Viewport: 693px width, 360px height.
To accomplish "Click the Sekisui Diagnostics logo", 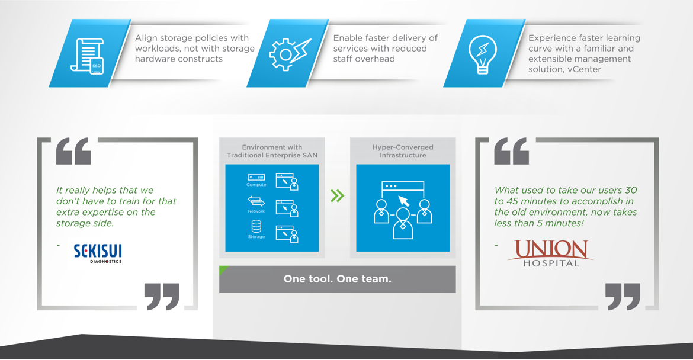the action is pyautogui.click(x=98, y=253).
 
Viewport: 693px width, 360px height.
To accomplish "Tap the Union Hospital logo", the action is pyautogui.click(x=551, y=253).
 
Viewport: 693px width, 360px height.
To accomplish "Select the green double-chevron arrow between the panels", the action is pyautogui.click(x=337, y=195).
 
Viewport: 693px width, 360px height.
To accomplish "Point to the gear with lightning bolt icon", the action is pyautogui.click(x=290, y=54).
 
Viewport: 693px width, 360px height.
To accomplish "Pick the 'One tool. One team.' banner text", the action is pyautogui.click(x=338, y=279).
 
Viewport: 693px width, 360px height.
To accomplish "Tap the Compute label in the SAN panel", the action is pyautogui.click(x=256, y=185).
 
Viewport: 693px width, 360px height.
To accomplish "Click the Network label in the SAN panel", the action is pyautogui.click(x=256, y=211).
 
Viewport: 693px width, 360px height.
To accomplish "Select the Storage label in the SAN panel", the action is pyautogui.click(x=256, y=237).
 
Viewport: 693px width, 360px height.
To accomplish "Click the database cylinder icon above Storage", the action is pyautogui.click(x=256, y=227).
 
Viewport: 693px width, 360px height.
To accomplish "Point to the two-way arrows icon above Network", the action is pyautogui.click(x=256, y=201).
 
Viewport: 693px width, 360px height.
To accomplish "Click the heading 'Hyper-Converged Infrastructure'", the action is pyautogui.click(x=403, y=151).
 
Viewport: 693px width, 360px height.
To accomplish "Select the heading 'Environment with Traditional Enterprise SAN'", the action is pyautogui.click(x=272, y=151).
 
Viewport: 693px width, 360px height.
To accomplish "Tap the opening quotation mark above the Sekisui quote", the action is pyautogui.click(x=73, y=151).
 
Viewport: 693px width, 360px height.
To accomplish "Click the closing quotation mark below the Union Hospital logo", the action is pyautogui.click(x=623, y=297).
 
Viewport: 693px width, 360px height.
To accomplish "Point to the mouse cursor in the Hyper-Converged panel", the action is pyautogui.click(x=404, y=201).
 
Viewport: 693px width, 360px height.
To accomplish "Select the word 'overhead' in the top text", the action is pyautogui.click(x=376, y=59).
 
